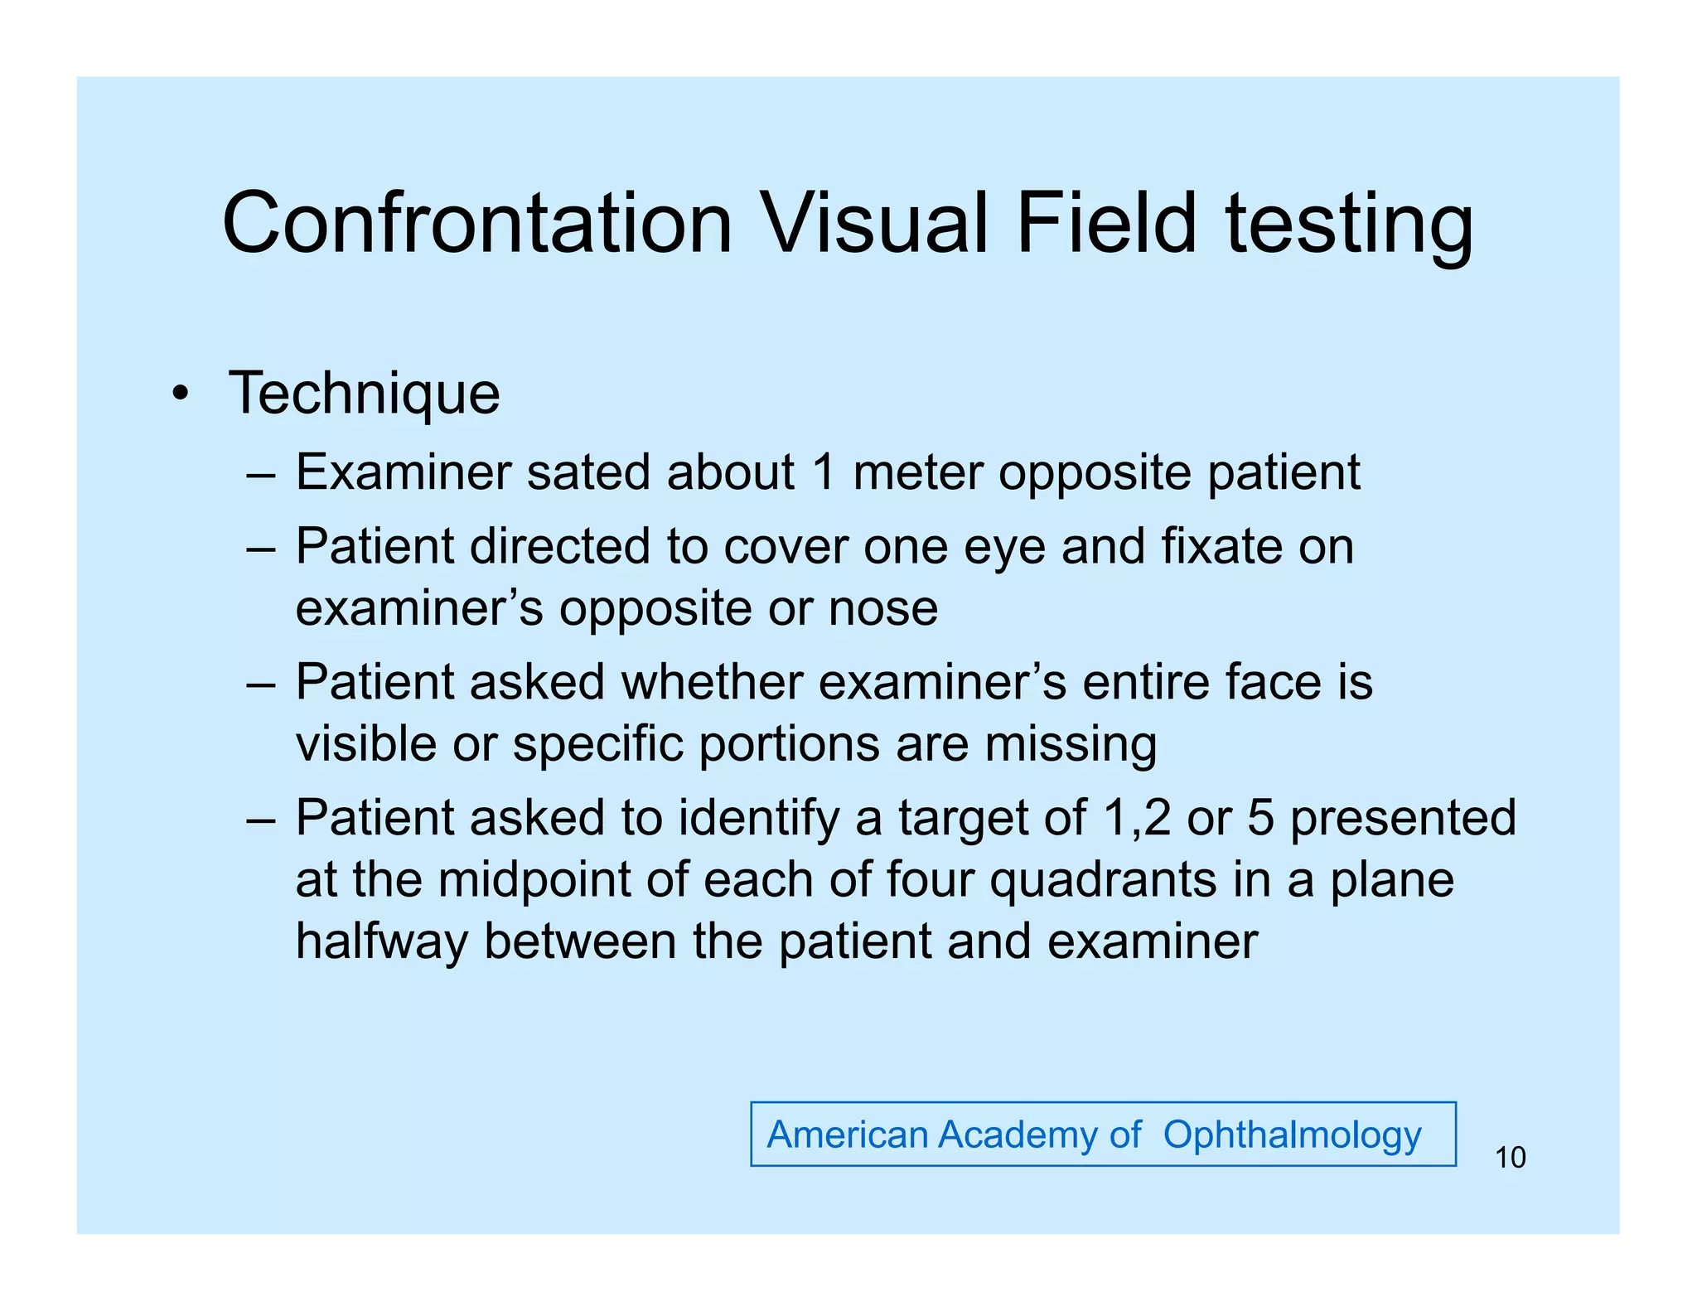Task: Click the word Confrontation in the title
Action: pyautogui.click(x=477, y=224)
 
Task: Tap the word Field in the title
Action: pyautogui.click(x=1106, y=224)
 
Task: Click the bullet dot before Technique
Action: pyautogui.click(x=180, y=394)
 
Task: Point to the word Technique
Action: pyautogui.click(x=365, y=394)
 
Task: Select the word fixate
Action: pyautogui.click(x=1221, y=547)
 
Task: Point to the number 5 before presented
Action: pyautogui.click(x=1260, y=818)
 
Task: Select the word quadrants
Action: pyautogui.click(x=1103, y=880)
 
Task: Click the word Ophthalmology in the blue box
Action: pyautogui.click(x=1292, y=1134)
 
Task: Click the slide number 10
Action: pyautogui.click(x=1510, y=1158)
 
